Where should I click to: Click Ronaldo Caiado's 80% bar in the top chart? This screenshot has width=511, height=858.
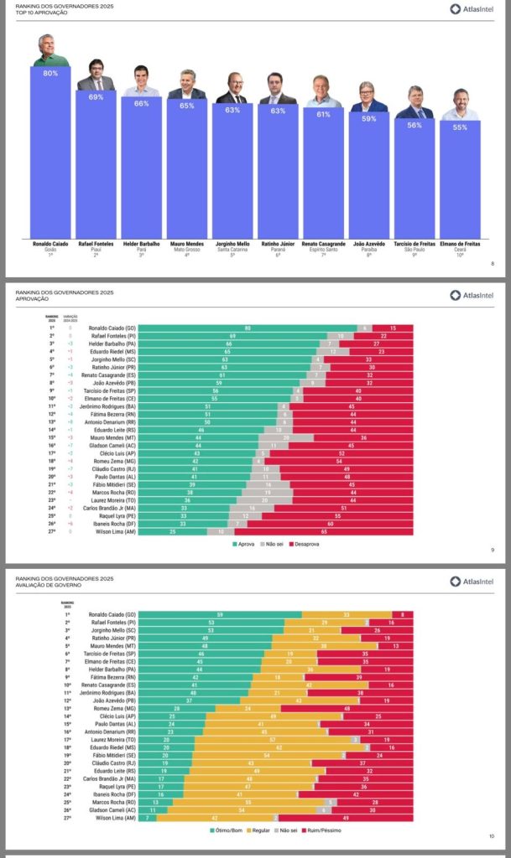click(x=50, y=151)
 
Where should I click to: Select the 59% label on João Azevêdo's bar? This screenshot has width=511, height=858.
click(x=368, y=119)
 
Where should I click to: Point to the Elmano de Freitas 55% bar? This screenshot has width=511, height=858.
click(x=460, y=179)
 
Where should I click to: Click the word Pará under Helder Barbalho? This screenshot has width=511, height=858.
click(x=141, y=249)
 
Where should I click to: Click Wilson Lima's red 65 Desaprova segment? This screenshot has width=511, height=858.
click(x=323, y=531)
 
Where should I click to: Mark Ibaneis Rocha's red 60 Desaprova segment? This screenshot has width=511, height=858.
click(x=330, y=524)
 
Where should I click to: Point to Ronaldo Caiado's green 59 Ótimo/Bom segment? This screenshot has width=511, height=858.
click(x=219, y=614)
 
